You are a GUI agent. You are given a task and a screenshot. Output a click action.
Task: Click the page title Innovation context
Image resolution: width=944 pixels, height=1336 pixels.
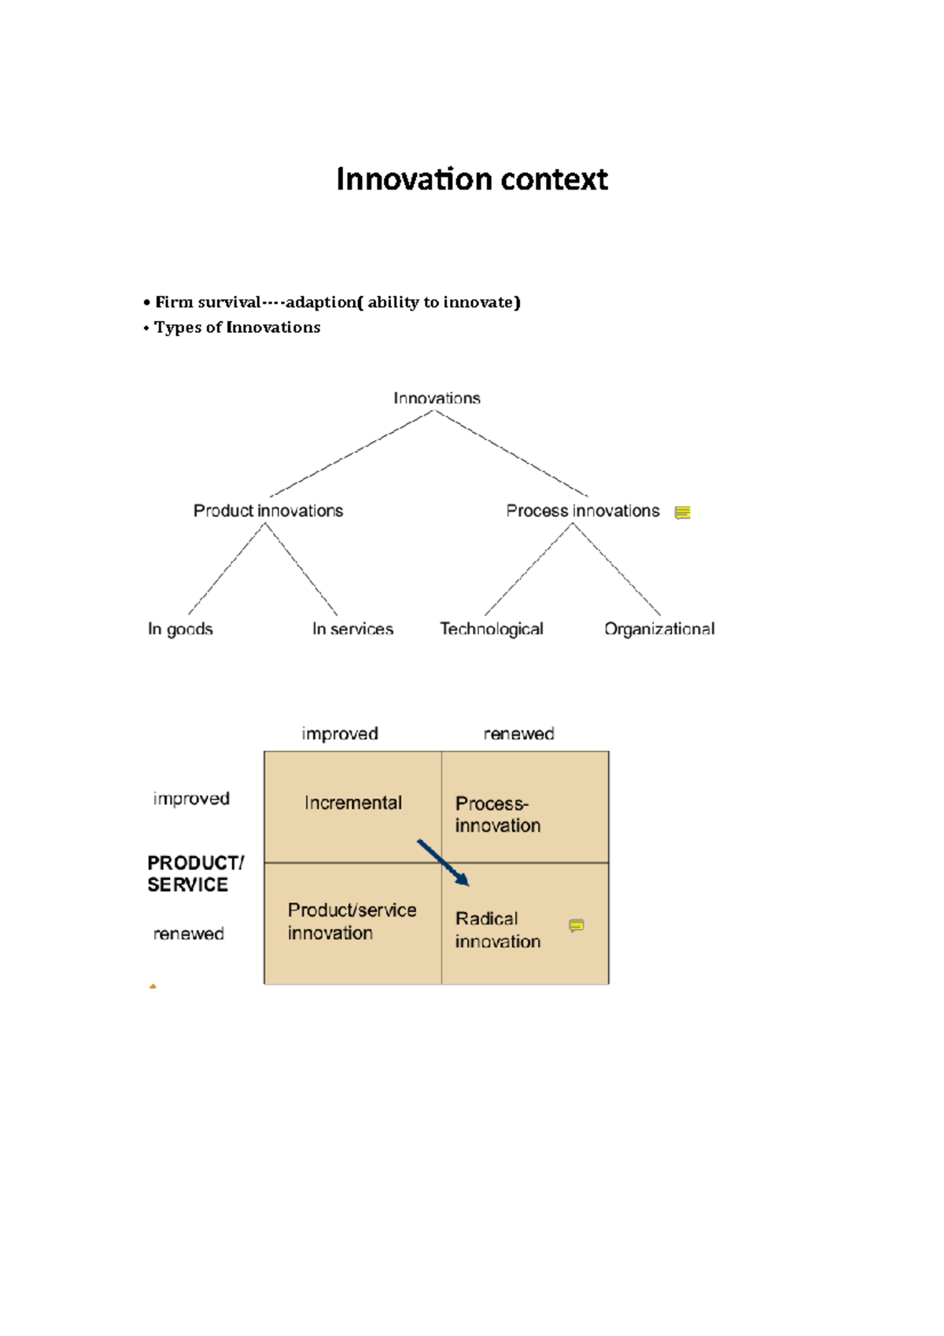472,179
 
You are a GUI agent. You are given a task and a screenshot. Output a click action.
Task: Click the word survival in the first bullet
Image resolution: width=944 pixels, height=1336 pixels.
229,302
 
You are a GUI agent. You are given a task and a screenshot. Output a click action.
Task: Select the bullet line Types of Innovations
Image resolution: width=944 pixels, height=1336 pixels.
237,327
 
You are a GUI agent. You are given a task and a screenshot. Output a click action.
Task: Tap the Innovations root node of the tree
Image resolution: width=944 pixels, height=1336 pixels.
437,398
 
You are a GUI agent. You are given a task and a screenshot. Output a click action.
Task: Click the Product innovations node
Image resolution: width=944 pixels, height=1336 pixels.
268,511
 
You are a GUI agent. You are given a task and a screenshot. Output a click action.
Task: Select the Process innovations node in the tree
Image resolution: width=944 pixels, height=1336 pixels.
582,511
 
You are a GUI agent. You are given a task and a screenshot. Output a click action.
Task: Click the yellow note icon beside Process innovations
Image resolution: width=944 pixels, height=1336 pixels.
682,513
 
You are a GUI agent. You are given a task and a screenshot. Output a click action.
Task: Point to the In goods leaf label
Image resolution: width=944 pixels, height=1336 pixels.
180,629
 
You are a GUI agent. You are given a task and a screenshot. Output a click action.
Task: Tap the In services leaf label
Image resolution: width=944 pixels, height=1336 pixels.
352,629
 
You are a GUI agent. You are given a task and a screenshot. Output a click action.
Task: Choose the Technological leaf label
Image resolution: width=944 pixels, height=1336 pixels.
492,629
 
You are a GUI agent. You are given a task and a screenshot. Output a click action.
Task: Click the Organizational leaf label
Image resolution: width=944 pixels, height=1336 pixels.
659,629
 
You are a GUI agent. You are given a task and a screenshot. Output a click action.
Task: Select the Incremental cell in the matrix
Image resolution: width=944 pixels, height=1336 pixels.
353,803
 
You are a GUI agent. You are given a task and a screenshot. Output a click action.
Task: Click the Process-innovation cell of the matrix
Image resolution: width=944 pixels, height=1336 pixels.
497,814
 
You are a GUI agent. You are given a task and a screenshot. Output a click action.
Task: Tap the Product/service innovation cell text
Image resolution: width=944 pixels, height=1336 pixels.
352,921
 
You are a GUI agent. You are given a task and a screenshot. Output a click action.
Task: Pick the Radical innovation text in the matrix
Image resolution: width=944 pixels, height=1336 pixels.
497,930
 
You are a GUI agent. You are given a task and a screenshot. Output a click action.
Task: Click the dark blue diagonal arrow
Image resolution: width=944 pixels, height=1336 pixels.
443,862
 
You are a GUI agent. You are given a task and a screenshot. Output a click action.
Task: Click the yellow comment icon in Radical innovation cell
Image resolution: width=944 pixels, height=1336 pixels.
577,925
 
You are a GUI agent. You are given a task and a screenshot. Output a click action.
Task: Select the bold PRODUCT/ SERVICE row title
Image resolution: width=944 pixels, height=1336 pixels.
195,874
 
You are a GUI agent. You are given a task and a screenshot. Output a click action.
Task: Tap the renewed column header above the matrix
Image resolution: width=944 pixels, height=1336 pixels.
518,733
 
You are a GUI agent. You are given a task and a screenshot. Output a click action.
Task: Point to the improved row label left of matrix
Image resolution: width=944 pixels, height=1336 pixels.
191,799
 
